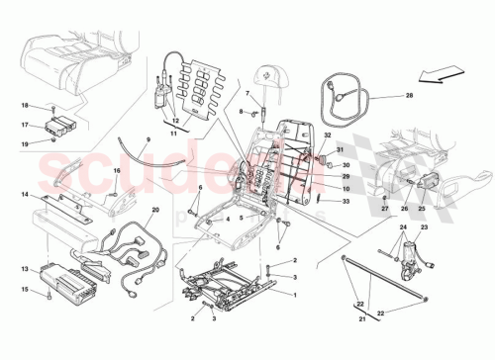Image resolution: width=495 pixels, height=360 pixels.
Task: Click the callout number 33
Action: coord(346,202)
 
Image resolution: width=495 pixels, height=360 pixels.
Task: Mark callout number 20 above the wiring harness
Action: coord(155,211)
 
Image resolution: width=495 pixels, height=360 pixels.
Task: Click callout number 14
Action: coord(24,196)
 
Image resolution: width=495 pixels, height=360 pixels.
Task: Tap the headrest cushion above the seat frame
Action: coord(272,73)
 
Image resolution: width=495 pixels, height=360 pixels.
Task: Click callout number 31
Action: coord(343,150)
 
